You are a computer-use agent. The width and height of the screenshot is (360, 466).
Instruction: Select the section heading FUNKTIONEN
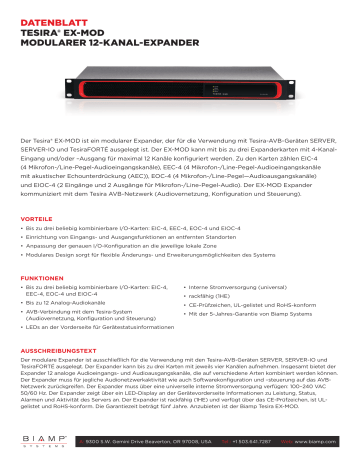click(44, 275)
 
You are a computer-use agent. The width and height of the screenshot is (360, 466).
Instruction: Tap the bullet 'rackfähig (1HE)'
click(213, 296)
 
